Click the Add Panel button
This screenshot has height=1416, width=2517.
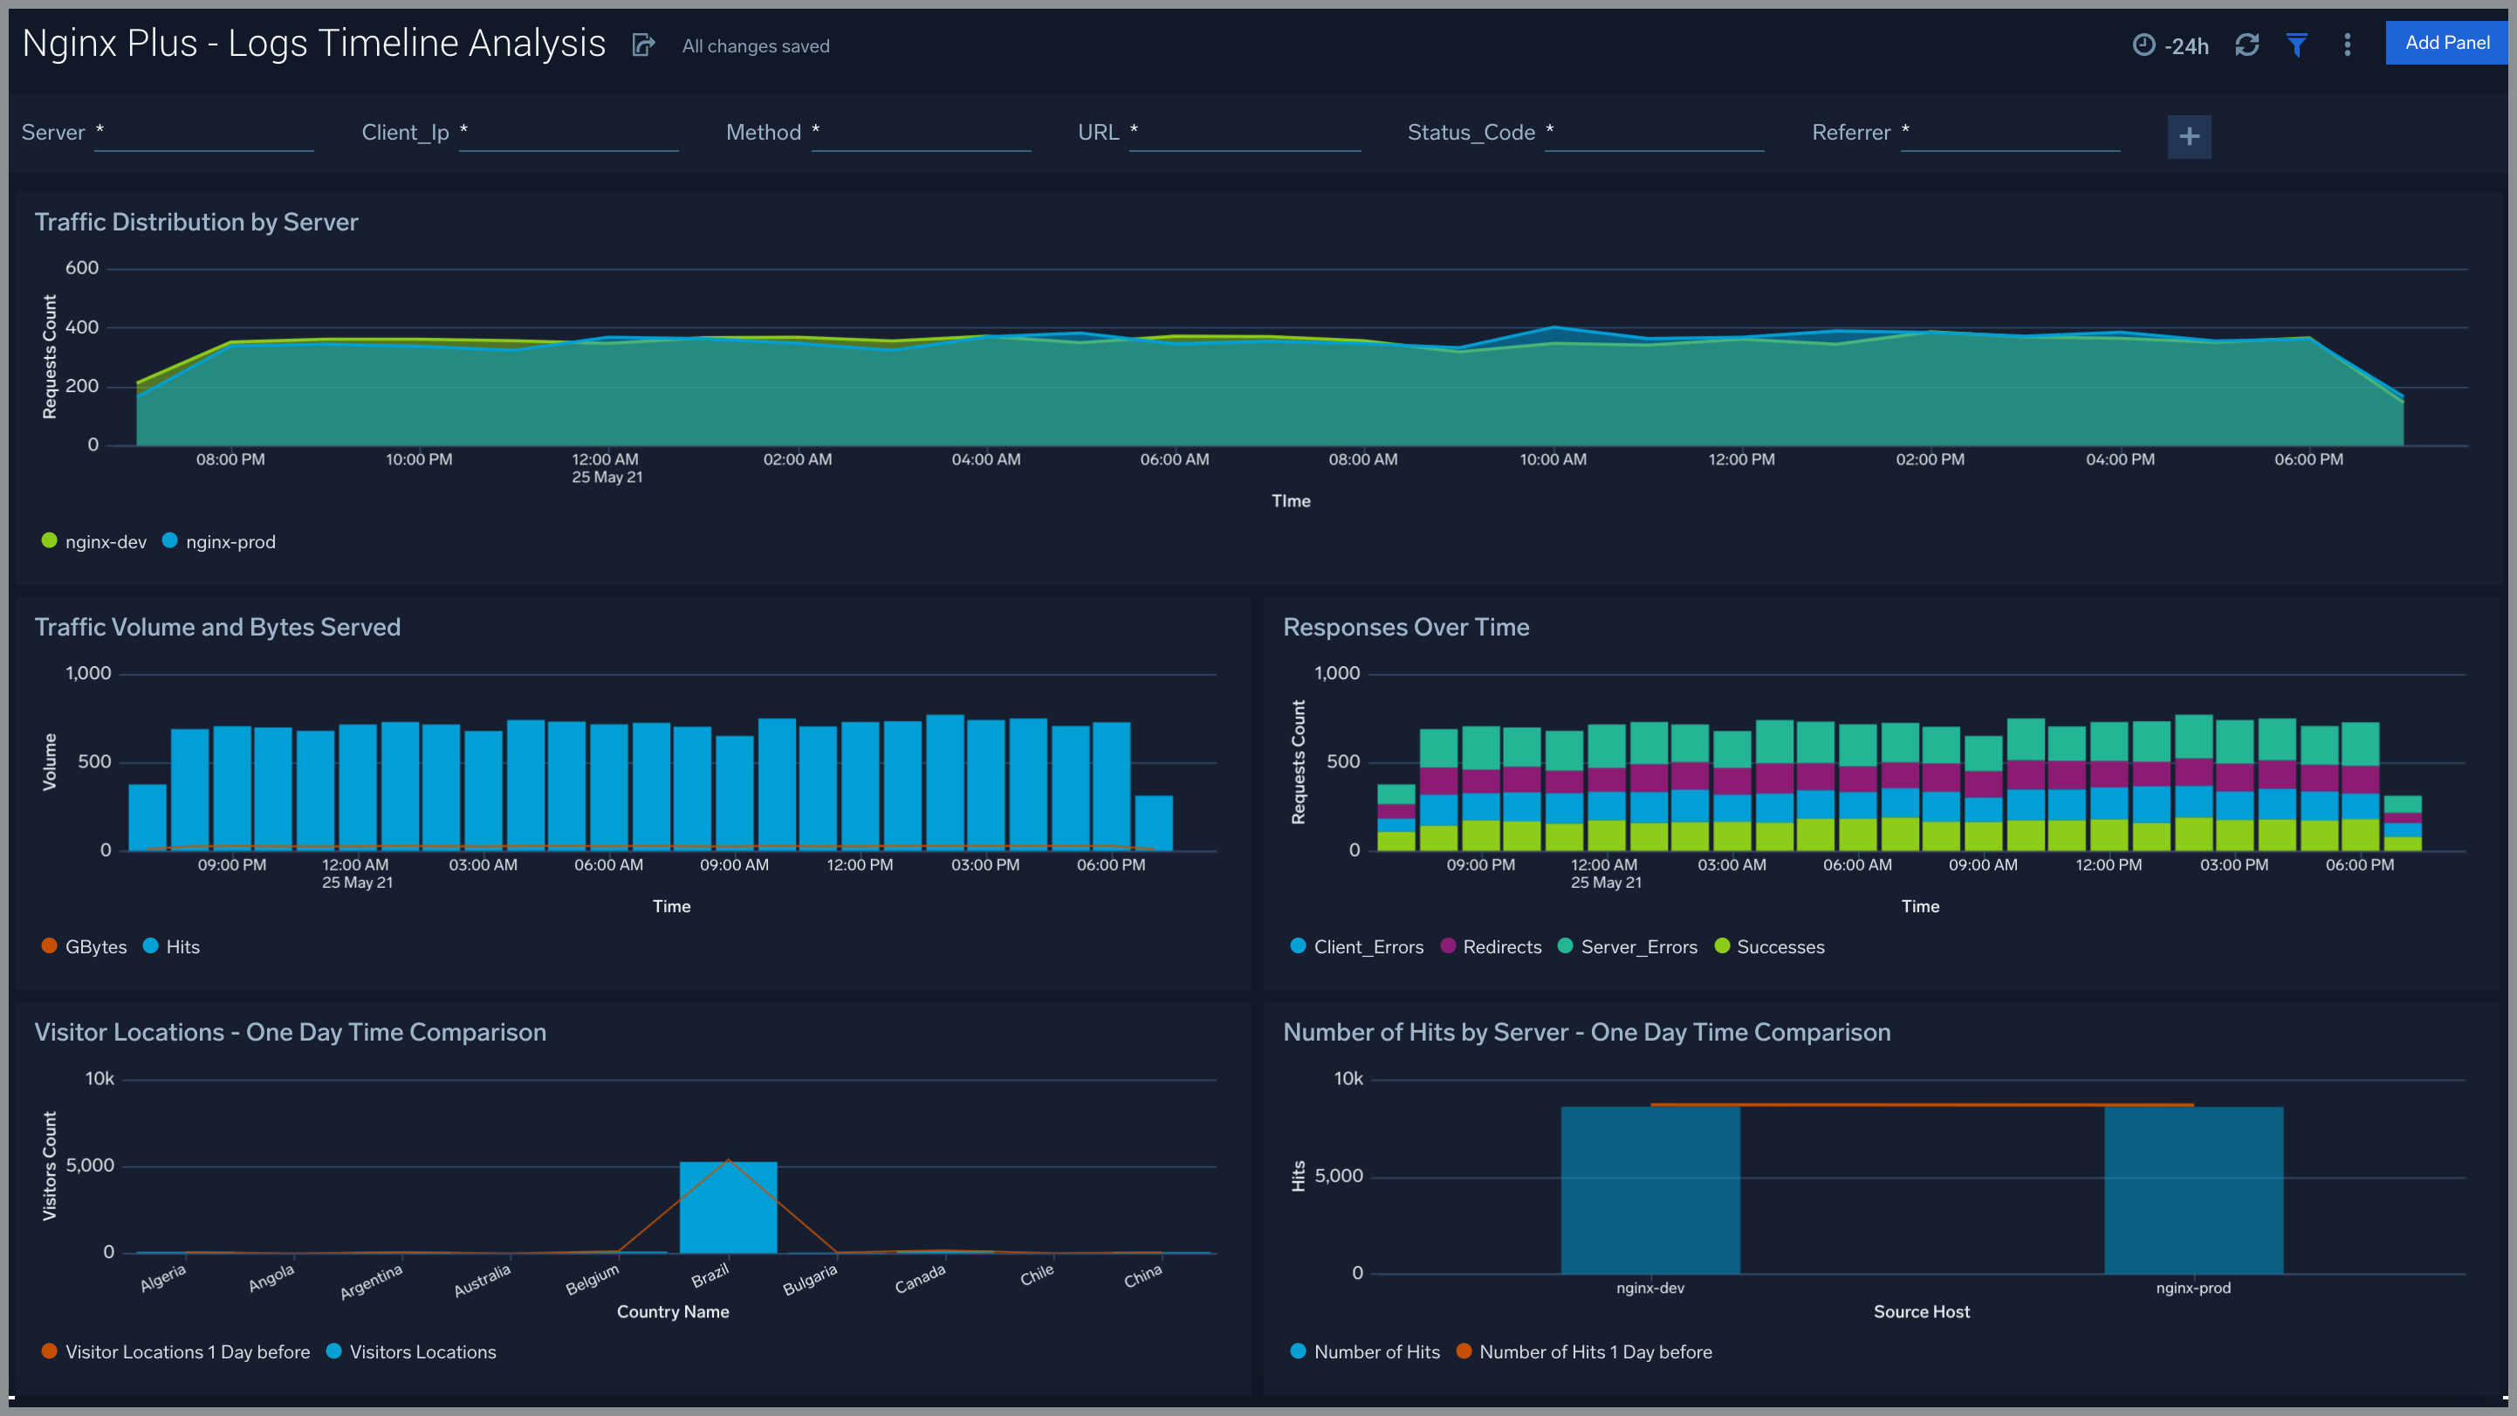[2445, 43]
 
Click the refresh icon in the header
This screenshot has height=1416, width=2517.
[2246, 45]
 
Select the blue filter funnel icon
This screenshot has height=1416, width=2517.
[2296, 45]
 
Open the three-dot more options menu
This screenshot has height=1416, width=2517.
[2347, 45]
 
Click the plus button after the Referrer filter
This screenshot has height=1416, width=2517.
[2189, 136]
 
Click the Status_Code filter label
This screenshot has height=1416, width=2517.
[1471, 133]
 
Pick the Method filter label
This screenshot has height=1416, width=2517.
[763, 133]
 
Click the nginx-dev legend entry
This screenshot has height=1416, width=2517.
[95, 541]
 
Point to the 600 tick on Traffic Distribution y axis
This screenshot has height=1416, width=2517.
[82, 268]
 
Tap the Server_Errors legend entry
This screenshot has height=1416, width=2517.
[1628, 946]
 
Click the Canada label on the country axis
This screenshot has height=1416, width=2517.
[920, 1278]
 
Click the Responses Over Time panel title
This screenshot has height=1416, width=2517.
[1405, 628]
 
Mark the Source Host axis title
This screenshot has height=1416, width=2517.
[1921, 1311]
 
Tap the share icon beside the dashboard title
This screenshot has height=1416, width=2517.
[643, 45]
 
